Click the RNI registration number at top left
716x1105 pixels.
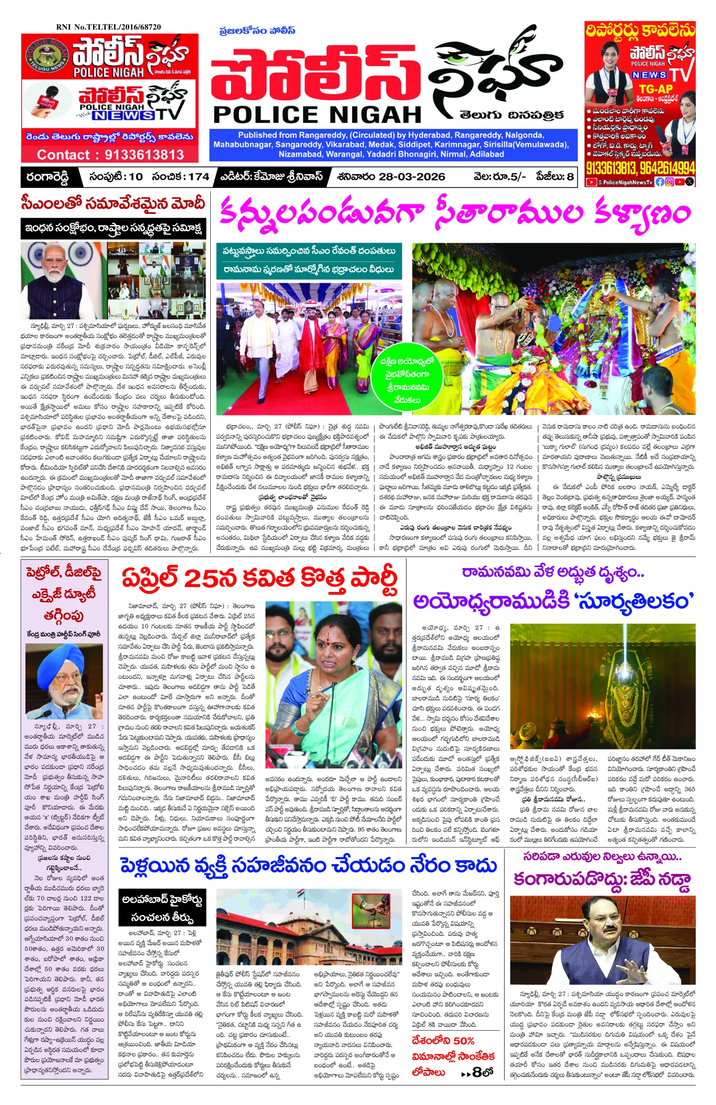(x=108, y=27)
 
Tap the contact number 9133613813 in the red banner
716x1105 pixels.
(x=144, y=154)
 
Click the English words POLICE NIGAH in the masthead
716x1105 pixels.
(x=317, y=114)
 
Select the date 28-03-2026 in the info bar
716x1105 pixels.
(x=412, y=177)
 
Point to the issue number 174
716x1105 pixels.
(x=199, y=177)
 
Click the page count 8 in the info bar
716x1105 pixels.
(x=570, y=177)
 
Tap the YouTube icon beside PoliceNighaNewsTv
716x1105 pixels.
(x=591, y=183)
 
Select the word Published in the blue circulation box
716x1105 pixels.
(x=257, y=135)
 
